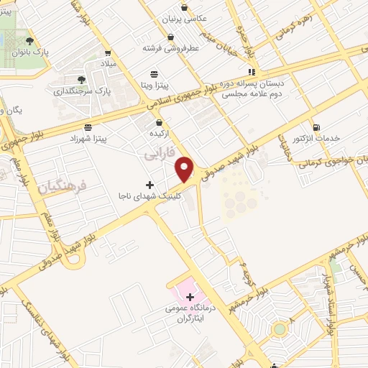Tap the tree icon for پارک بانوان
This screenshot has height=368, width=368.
click(x=29, y=42)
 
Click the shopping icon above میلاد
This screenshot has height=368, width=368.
click(x=108, y=53)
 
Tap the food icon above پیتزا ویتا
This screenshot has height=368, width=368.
click(x=154, y=73)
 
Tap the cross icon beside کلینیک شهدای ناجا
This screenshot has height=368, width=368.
click(x=149, y=185)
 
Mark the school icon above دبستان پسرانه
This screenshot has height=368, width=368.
click(x=252, y=72)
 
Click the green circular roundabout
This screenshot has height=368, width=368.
click(x=279, y=330)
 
